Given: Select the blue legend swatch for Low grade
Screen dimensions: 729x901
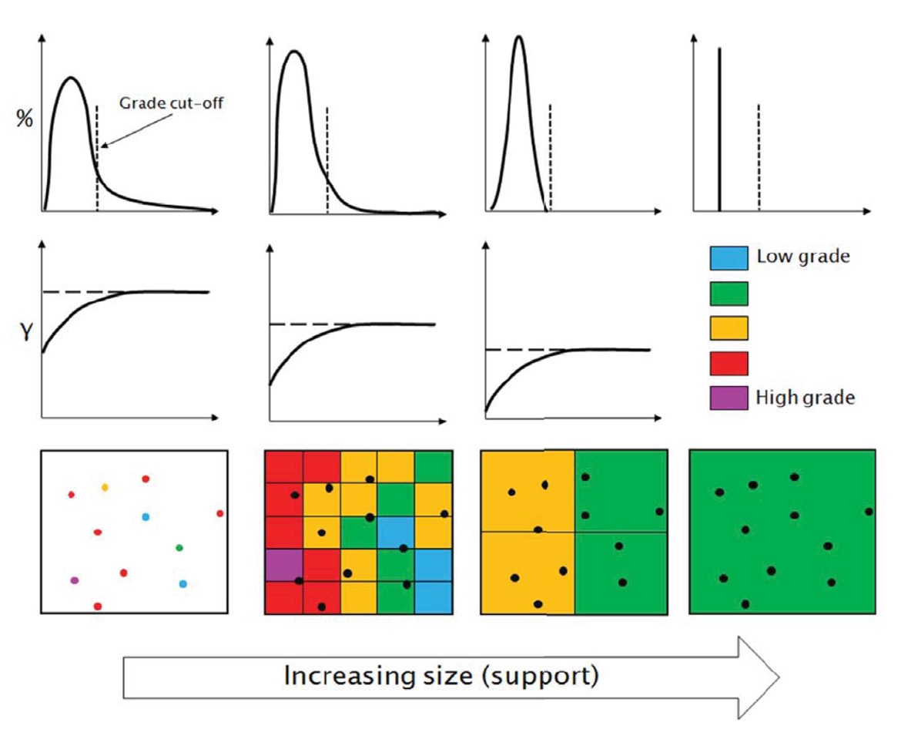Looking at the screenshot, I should [x=729, y=257].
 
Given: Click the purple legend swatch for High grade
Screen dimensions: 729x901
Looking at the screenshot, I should [x=729, y=398].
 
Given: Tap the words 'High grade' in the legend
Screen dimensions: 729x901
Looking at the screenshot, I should [x=806, y=398].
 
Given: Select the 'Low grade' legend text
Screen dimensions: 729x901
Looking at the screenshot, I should [x=803, y=257].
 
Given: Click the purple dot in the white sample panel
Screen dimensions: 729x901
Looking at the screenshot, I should [x=74, y=580].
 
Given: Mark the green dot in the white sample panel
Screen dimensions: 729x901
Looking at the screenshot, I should [x=179, y=547].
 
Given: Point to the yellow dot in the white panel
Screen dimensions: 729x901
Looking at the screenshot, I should [x=105, y=487].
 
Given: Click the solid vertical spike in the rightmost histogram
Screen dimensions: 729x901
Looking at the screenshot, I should [x=718, y=131].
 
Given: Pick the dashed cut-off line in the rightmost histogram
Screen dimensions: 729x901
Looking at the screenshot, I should [x=759, y=158].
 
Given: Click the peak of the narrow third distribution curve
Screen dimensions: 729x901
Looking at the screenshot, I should [x=520, y=38].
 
